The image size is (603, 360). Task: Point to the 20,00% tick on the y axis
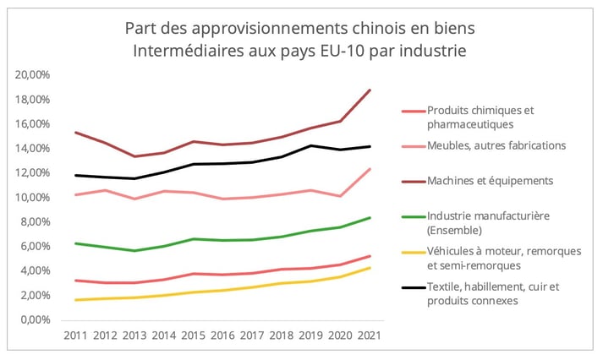click(33, 75)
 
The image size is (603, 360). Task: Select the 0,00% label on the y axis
click(36, 320)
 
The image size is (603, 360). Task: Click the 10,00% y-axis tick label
click(33, 198)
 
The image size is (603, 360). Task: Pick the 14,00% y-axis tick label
click(33, 149)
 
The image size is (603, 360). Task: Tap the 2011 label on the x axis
click(78, 335)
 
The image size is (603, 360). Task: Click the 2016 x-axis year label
click(224, 335)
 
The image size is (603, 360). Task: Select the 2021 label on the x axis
click(370, 335)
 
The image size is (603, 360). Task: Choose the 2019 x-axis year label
click(311, 335)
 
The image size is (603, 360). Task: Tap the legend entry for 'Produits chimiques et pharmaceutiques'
click(482, 117)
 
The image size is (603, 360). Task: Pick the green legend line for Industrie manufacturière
click(412, 215)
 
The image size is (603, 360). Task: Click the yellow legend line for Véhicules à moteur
click(412, 251)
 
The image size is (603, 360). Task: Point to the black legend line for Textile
click(412, 286)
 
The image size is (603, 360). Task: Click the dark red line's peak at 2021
click(370, 90)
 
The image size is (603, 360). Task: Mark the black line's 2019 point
click(311, 145)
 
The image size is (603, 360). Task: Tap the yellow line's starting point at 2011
click(78, 300)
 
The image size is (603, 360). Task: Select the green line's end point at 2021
click(370, 218)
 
